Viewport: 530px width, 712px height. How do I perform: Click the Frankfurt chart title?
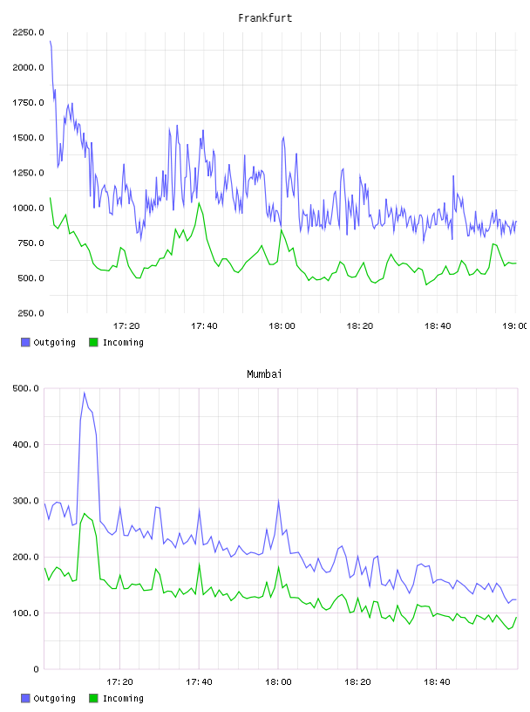point(265,18)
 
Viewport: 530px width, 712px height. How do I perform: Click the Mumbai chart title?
point(264,374)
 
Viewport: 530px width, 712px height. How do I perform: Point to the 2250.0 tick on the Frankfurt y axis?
point(28,32)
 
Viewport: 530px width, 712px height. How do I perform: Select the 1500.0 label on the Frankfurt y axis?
point(28,138)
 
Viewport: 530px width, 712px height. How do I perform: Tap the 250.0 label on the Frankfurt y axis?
point(31,313)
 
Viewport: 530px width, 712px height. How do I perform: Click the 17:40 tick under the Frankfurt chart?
point(204,326)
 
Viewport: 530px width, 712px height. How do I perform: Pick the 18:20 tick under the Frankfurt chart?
point(359,326)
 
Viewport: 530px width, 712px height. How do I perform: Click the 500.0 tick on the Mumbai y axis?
point(25,388)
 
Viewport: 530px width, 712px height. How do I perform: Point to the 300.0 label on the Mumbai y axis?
point(25,501)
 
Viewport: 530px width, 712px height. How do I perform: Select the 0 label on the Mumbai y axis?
point(36,669)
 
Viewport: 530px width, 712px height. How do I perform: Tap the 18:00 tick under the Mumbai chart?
point(278,682)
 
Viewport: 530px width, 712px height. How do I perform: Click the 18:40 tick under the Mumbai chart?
point(437,682)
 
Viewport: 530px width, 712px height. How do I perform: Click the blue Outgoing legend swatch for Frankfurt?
point(25,342)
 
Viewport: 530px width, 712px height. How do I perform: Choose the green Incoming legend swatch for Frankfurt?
point(93,342)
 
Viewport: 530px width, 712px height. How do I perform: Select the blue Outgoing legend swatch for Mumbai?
point(25,698)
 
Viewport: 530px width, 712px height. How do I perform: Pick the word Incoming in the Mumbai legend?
point(123,698)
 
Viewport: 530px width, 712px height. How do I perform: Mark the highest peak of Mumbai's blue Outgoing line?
point(85,393)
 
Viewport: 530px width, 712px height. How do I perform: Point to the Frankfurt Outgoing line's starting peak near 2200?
point(51,41)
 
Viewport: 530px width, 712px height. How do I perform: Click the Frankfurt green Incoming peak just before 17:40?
point(199,203)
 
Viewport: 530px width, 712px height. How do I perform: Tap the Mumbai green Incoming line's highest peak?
point(85,514)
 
